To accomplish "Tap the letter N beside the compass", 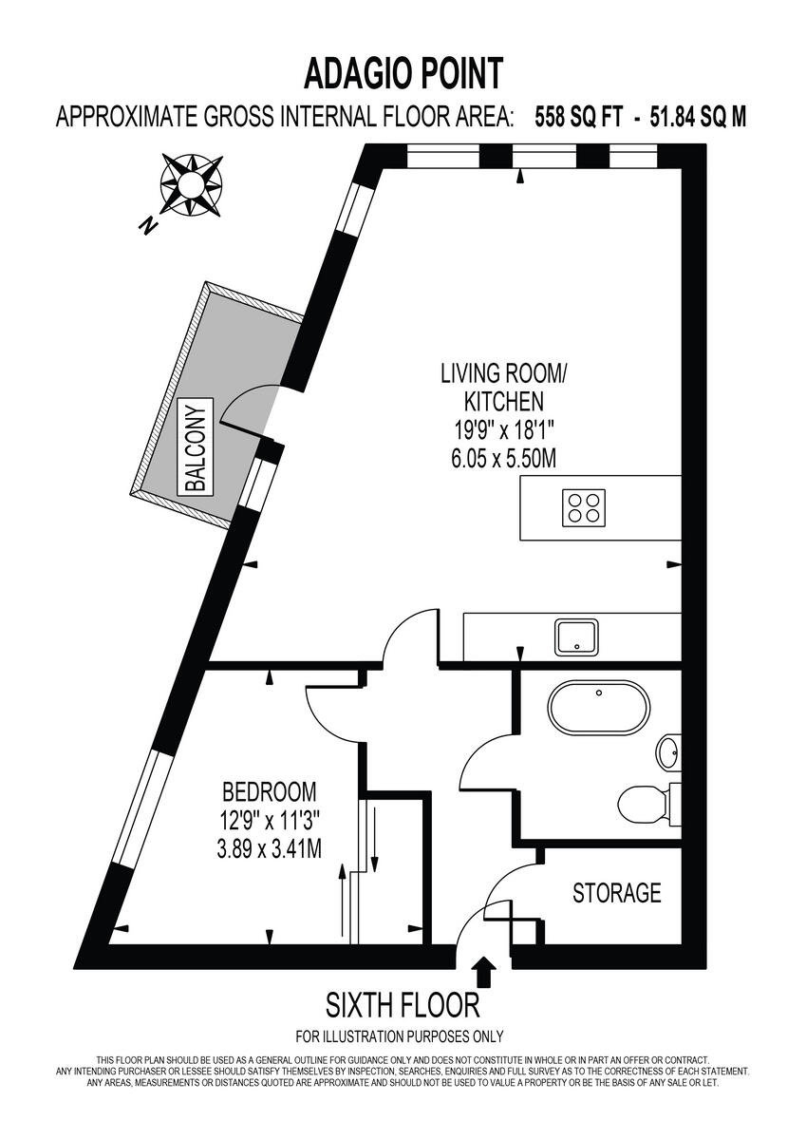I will pyautogui.click(x=147, y=225).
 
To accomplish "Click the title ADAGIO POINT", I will pyautogui.click(x=403, y=72).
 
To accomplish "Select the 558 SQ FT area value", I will pyautogui.click(x=579, y=118).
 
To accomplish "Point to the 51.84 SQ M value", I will pyautogui.click(x=698, y=118).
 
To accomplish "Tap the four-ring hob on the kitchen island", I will pyautogui.click(x=585, y=507).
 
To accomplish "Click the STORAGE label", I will pyautogui.click(x=616, y=893).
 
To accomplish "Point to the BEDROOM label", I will pyautogui.click(x=269, y=791).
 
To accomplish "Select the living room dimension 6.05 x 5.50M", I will pyautogui.click(x=503, y=458).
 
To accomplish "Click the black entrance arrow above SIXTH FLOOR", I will pyautogui.click(x=484, y=971).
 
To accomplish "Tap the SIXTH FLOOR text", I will pyautogui.click(x=403, y=1005).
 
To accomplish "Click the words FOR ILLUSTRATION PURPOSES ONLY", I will pyautogui.click(x=400, y=1036).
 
